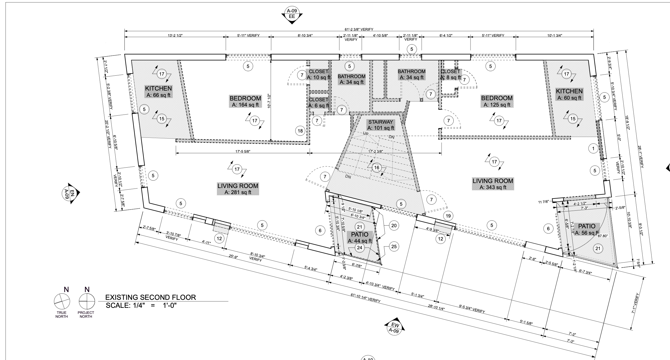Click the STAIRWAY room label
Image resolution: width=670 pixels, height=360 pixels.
tap(381, 125)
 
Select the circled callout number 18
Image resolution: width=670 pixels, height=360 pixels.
tap(300, 131)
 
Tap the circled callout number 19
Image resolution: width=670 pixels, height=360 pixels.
tap(448, 216)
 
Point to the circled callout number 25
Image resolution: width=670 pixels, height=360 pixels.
tap(394, 247)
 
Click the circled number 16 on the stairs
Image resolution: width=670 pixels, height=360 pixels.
tap(377, 168)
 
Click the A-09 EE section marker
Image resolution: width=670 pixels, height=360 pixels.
tap(292, 14)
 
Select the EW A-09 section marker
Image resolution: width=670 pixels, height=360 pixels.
tap(395, 327)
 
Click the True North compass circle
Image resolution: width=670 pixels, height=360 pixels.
tap(62, 302)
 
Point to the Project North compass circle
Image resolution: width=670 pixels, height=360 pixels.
tap(87, 302)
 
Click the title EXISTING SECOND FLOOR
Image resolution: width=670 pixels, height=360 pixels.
tap(151, 297)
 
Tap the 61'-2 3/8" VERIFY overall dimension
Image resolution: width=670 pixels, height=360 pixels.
tap(359, 30)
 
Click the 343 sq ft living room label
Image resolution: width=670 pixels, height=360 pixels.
tap(493, 184)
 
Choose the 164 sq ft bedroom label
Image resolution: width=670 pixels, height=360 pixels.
tap(245, 101)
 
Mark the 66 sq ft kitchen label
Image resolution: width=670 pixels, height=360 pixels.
tap(158, 92)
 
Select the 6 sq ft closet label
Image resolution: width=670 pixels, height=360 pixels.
tap(319, 102)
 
